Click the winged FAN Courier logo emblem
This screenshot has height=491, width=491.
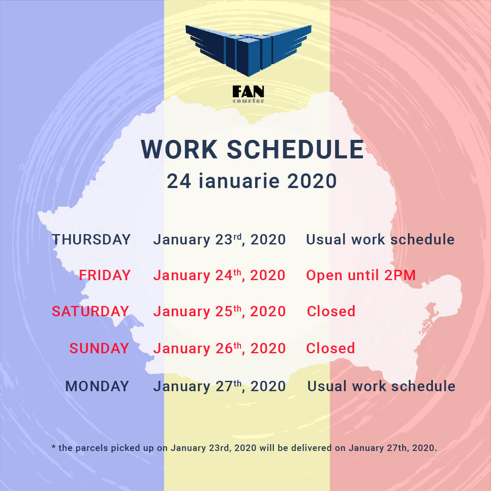248,50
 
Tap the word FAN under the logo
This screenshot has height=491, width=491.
248,91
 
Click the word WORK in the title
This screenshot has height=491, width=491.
179,149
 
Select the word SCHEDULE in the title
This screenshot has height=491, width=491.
295,149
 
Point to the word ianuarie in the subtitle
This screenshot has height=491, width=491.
239,181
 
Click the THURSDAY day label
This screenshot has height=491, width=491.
91,240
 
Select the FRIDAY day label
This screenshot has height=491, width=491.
105,275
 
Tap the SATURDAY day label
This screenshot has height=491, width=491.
90,311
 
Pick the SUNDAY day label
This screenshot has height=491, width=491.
99,348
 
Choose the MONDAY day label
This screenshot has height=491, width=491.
97,386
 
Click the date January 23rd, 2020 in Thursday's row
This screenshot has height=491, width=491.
219,240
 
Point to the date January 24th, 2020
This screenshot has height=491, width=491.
219,275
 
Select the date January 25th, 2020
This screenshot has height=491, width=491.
219,312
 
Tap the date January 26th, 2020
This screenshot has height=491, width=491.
219,349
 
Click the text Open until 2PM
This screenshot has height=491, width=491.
361,275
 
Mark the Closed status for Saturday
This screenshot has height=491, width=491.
331,311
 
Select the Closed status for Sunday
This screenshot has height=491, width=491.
330,348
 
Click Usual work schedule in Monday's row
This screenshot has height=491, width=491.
381,386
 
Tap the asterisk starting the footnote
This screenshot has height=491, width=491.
53,447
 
